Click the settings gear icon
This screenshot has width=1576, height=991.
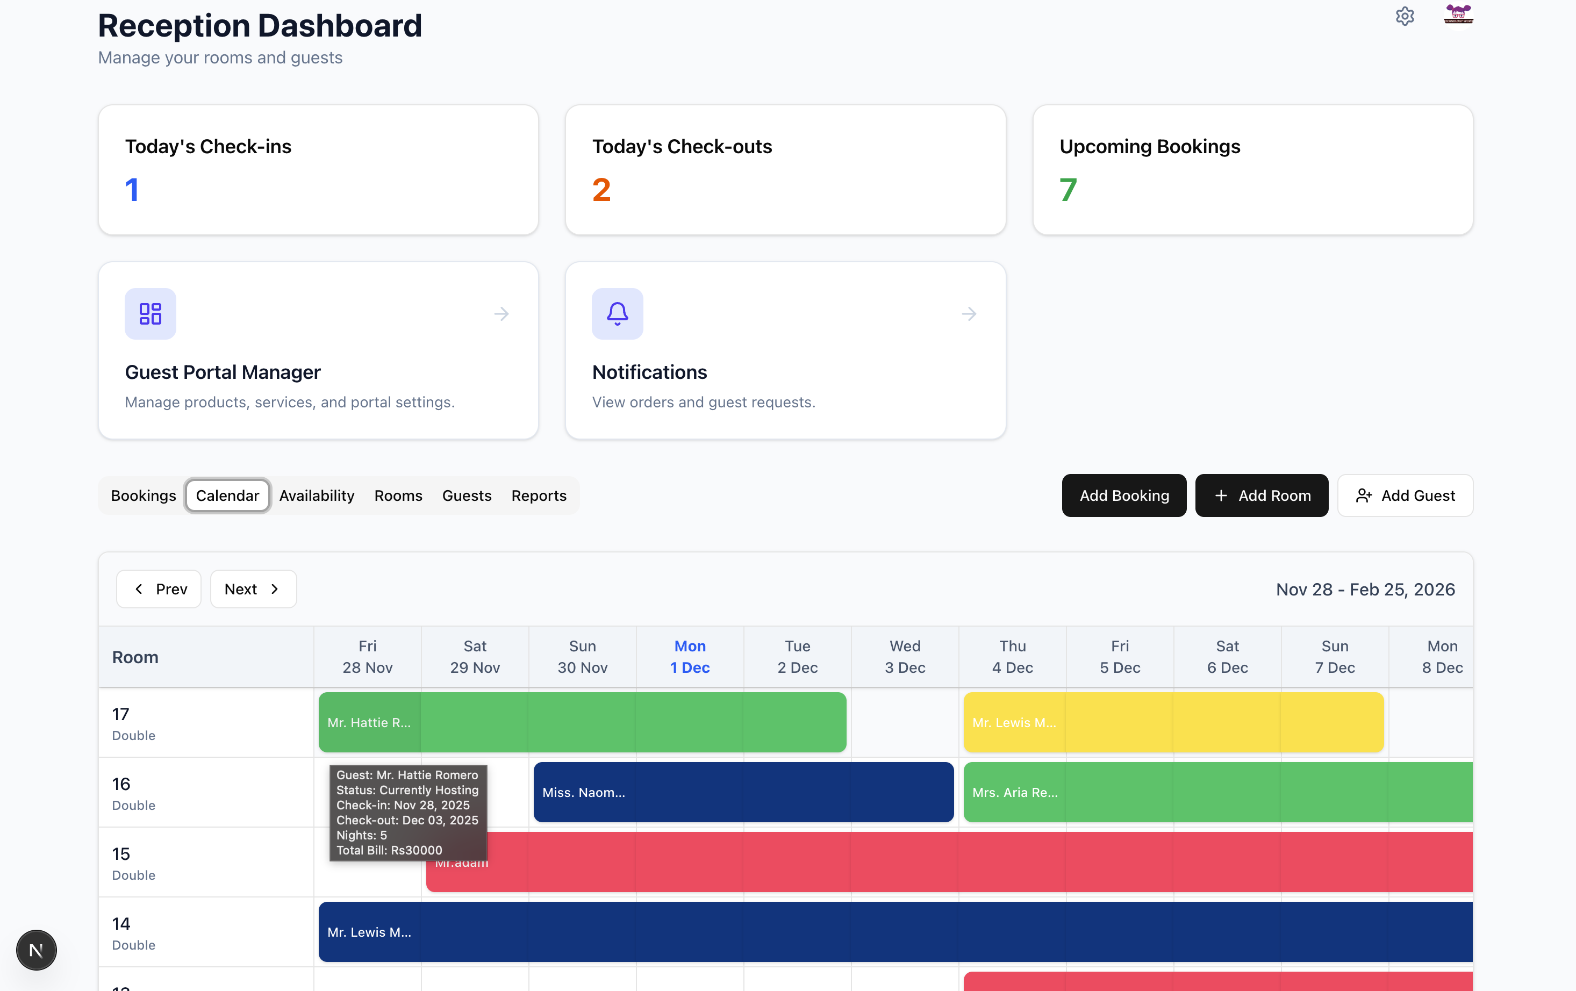[1405, 16]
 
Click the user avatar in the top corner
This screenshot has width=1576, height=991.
[1458, 15]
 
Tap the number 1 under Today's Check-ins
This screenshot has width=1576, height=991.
[132, 190]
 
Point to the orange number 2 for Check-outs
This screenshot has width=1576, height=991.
[601, 190]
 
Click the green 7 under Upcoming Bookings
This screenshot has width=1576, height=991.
[1068, 190]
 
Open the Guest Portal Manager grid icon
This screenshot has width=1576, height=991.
[150, 313]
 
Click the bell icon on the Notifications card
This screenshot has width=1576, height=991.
[617, 313]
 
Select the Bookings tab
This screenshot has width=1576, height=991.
[144, 495]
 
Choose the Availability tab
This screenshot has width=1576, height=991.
[317, 495]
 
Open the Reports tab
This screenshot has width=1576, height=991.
[539, 495]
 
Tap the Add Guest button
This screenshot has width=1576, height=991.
[1405, 495]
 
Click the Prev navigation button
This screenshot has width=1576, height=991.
[159, 589]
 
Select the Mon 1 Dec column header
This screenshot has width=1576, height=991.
[689, 657]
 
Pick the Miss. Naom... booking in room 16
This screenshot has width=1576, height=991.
[743, 792]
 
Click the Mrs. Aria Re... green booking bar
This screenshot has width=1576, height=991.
[1217, 792]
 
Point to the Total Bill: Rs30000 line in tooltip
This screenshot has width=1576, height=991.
[389, 850]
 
